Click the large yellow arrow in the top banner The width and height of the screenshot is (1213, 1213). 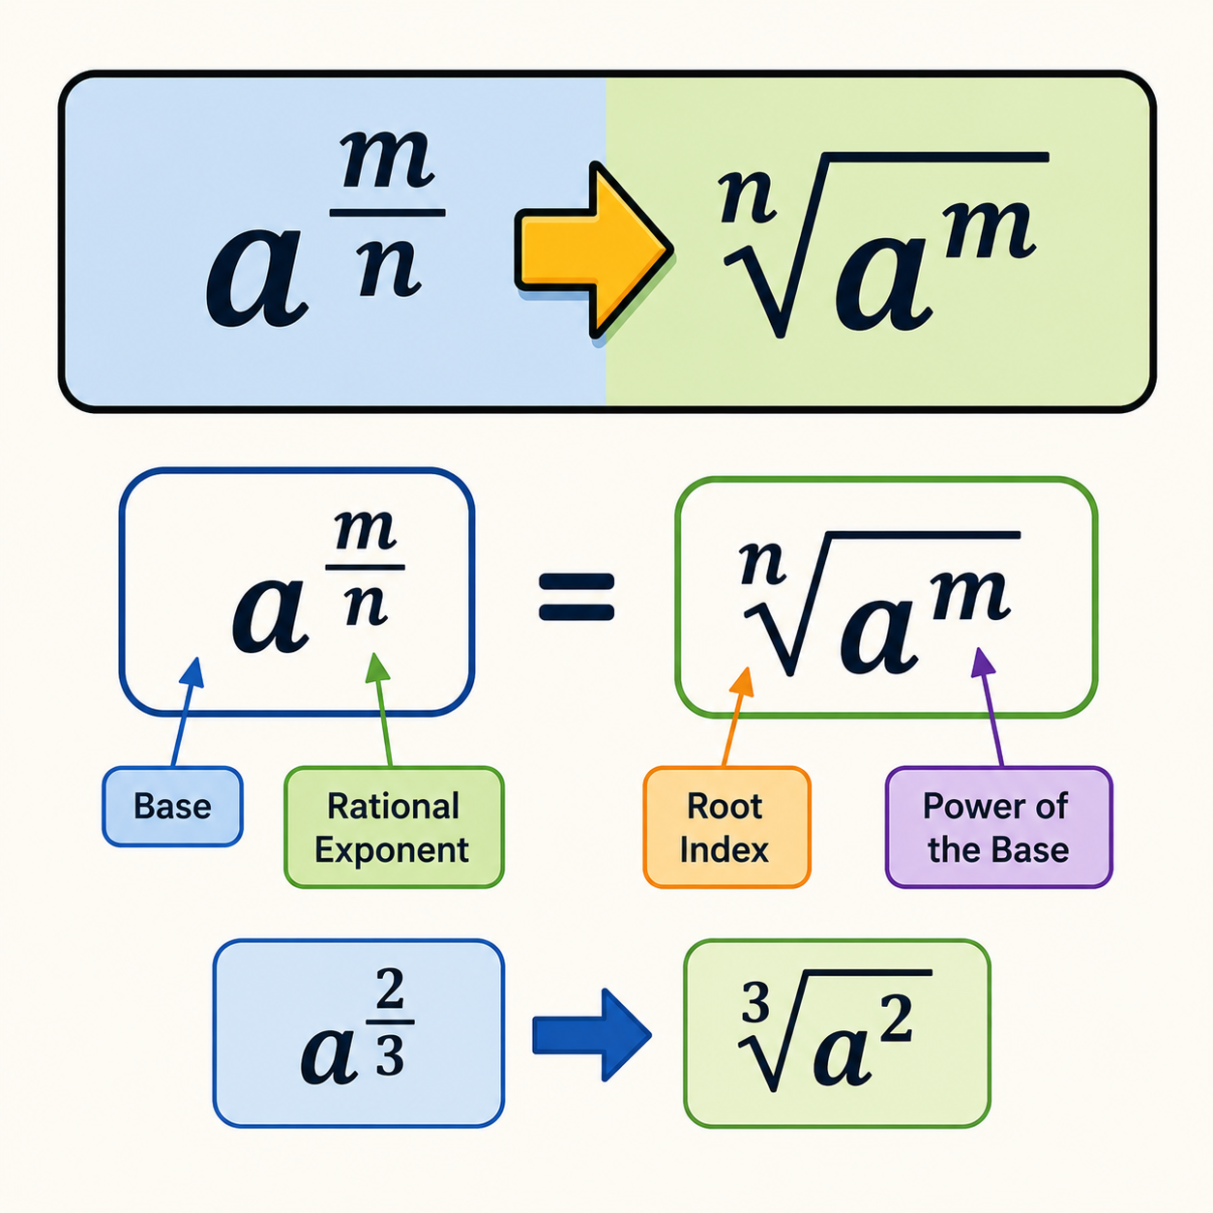(x=592, y=251)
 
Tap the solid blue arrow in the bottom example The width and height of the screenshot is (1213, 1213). (x=591, y=1035)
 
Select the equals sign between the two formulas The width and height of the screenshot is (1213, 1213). (x=577, y=596)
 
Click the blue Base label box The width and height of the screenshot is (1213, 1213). (x=172, y=807)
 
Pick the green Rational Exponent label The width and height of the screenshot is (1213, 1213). (x=394, y=827)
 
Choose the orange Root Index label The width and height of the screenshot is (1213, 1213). (x=726, y=827)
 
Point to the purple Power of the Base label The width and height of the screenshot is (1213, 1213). (x=998, y=827)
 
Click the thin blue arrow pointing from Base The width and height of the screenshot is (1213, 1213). (x=187, y=712)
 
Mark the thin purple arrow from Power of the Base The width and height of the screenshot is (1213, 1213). (x=989, y=707)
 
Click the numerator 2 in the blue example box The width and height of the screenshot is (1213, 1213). (x=390, y=989)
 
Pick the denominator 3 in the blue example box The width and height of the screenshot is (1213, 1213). (x=390, y=1053)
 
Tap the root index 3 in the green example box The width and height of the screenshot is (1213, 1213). (x=754, y=1003)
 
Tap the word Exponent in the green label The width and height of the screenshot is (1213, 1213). (x=392, y=850)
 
